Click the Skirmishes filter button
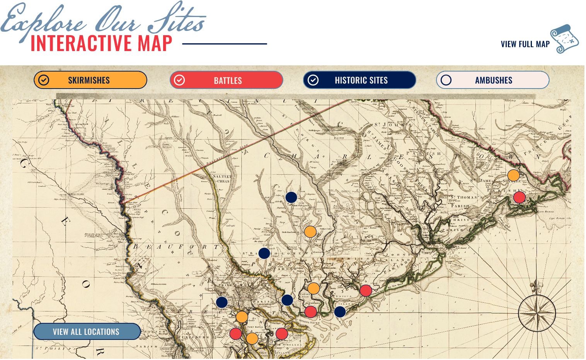(x=90, y=80)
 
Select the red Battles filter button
(x=227, y=80)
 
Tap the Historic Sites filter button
(x=359, y=80)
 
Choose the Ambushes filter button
(x=493, y=80)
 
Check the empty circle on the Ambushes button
(x=446, y=80)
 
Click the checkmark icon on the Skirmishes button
(x=44, y=80)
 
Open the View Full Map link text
(x=525, y=44)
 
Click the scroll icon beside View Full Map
(x=565, y=39)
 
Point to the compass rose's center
(x=537, y=313)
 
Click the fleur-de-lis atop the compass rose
(x=536, y=286)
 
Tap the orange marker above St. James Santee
(x=513, y=175)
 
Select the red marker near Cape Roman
(x=519, y=197)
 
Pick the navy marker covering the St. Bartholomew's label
(x=264, y=253)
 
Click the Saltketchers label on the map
(x=222, y=179)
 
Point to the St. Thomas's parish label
(x=466, y=198)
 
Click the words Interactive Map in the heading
(x=101, y=43)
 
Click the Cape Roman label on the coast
(x=545, y=212)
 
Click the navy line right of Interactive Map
(x=225, y=44)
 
